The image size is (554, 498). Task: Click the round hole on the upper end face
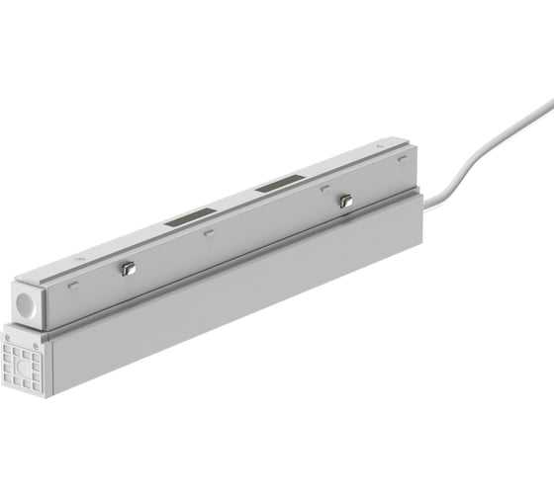click(x=25, y=301)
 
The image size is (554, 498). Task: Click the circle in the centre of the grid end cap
click(x=25, y=362)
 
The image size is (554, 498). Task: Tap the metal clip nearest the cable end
click(x=345, y=201)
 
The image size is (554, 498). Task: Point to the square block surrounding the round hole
click(x=25, y=302)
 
